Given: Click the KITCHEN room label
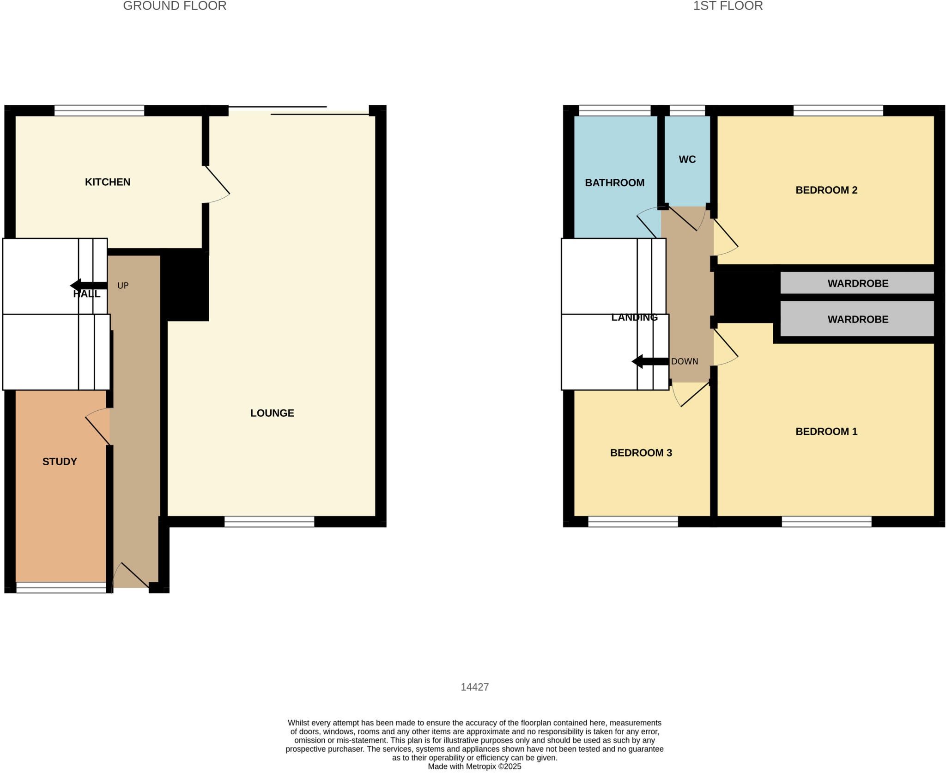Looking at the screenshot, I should click(x=108, y=182).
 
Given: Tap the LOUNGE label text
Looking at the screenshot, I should click(x=272, y=413).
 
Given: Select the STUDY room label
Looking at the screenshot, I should click(x=60, y=462).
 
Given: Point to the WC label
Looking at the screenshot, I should click(x=687, y=159).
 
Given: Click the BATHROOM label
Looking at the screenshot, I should click(x=614, y=183).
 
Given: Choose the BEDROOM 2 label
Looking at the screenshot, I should click(x=826, y=190).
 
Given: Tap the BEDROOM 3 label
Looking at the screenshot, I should click(x=641, y=453).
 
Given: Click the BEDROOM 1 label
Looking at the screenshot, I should click(x=826, y=432).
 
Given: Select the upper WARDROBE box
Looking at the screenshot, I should click(x=857, y=283).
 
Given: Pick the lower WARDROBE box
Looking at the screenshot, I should click(x=857, y=319).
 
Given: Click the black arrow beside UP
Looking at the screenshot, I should click(x=88, y=285).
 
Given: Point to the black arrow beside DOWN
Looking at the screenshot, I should click(x=649, y=361).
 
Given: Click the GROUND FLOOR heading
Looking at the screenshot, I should click(x=175, y=6).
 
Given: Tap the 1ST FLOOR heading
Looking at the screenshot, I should click(x=728, y=6).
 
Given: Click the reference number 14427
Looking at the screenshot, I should click(x=474, y=687).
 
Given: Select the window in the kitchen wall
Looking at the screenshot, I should click(x=99, y=110).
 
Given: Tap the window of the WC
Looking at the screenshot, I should click(x=687, y=110).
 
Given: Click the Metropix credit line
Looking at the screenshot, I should click(x=474, y=767).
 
